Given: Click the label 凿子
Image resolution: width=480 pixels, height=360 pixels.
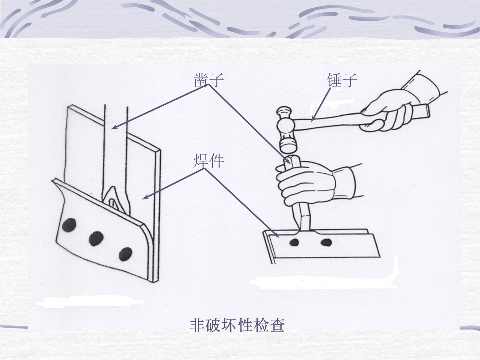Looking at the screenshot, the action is coord(209,79).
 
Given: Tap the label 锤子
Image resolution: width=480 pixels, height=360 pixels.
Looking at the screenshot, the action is coord(342,80).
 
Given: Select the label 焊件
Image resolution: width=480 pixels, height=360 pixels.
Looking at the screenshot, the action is coord(209,160).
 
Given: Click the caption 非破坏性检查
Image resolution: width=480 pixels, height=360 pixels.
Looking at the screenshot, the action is coord(237,325).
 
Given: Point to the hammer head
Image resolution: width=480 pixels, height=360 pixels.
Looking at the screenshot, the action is coord(286,130).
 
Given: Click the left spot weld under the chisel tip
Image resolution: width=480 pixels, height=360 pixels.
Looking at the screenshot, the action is coord(294,243).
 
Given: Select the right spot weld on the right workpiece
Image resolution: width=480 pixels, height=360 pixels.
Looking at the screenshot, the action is coord(326,243).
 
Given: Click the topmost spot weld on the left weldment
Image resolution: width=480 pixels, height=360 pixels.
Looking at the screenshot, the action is coord(69,225).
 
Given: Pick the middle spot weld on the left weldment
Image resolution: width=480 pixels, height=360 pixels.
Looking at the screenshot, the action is coord(96,239).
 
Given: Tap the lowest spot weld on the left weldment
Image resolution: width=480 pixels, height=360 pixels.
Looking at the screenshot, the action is coord(125,254).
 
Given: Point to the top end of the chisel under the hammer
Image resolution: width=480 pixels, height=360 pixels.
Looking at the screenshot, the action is coord(292,160).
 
